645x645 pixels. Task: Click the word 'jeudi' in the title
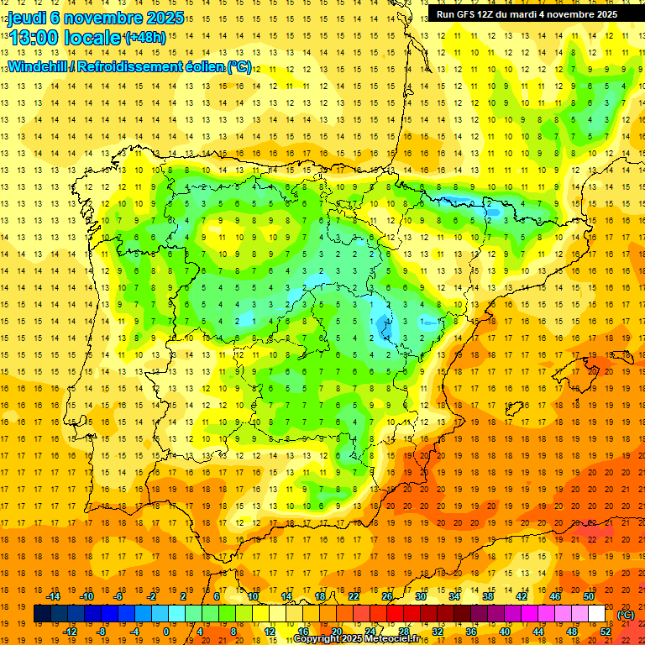click(29, 18)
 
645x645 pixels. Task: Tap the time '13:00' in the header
click(34, 38)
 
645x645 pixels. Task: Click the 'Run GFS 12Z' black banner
click(527, 14)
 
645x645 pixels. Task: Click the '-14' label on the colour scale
click(54, 596)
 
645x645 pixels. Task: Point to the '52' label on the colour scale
click(606, 631)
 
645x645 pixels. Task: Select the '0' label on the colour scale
click(165, 631)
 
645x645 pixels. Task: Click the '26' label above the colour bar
click(387, 596)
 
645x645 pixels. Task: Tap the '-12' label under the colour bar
click(71, 631)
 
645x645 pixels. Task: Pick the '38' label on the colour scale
click(488, 596)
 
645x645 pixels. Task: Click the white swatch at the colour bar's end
click(596, 614)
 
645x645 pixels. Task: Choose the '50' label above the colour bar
click(588, 596)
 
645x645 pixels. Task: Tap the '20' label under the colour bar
click(336, 631)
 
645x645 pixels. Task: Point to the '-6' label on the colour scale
click(119, 596)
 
